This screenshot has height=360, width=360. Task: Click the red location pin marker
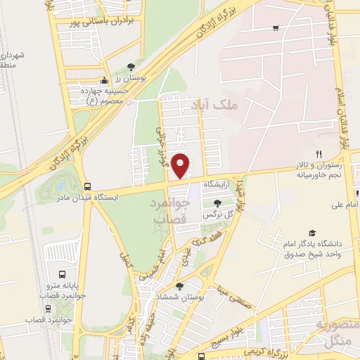(x=181, y=165)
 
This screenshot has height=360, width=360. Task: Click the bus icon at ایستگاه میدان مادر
(x=87, y=186)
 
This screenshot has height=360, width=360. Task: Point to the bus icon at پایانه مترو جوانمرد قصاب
(x=63, y=274)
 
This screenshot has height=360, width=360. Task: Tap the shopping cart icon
(x=276, y=28)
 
